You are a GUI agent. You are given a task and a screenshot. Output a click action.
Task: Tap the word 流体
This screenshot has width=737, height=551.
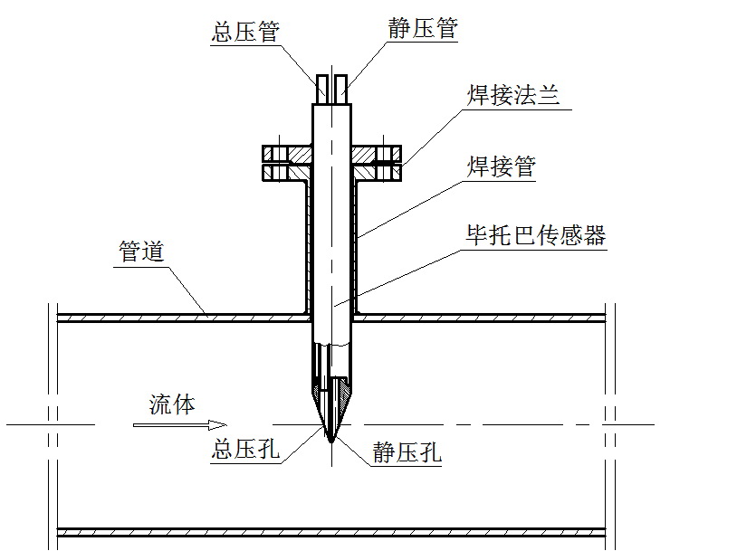point(172,404)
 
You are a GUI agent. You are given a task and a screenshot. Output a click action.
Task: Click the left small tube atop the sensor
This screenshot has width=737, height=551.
point(323,89)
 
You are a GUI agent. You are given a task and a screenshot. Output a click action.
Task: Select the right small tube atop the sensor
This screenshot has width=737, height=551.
point(340,89)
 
